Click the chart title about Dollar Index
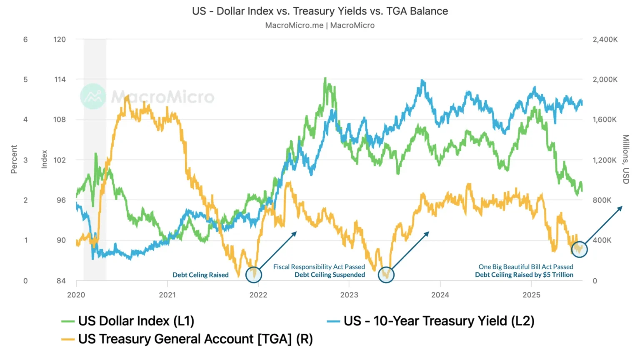pos(320,11)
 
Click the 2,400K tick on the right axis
pos(605,40)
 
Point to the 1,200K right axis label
pos(604,160)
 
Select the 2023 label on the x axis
pos(349,295)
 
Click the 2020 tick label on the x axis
pos(76,295)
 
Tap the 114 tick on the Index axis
pos(60,80)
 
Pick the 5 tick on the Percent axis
pos(25,80)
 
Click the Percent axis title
pos(14,159)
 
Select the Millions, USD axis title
pos(625,159)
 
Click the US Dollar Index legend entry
pos(136,321)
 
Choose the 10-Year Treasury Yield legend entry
pos(438,321)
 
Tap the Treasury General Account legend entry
pos(195,339)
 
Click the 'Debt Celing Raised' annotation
pos(200,275)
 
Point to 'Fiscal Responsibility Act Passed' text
pos(319,267)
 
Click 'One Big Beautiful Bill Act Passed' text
pos(525,267)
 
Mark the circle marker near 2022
pos(253,275)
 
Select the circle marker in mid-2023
pos(386,275)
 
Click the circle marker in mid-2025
pos(579,249)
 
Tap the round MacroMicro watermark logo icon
pos(93,96)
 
